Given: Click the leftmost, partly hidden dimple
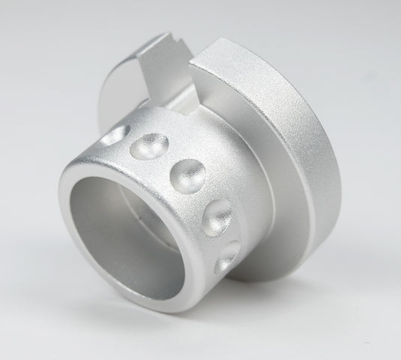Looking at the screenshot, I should pos(114,136).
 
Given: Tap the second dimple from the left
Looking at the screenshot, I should pos(148,145).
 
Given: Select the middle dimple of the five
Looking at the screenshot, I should pos(188,173).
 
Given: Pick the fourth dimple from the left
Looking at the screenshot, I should pos(219,214).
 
